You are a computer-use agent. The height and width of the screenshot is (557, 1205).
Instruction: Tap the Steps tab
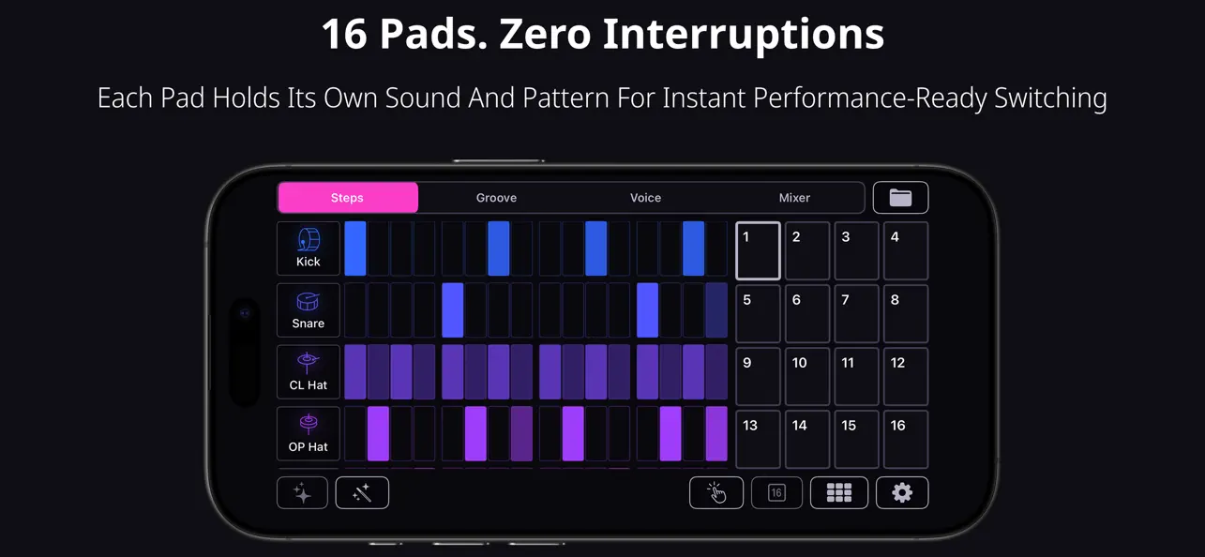coord(347,198)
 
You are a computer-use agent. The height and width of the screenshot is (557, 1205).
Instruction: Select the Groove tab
coord(496,198)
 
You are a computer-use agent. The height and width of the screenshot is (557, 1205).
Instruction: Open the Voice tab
coord(645,198)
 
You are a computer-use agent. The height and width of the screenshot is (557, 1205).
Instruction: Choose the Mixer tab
coord(794,198)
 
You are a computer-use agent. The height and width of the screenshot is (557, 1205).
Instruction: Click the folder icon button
coord(900,198)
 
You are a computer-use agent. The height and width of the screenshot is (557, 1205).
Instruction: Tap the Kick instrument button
coord(309,248)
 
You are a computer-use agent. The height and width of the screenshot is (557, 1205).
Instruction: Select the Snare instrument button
coord(309,310)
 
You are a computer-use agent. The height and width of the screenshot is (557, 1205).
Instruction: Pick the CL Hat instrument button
coord(309,372)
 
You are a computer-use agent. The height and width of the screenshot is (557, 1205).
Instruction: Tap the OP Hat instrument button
coord(309,434)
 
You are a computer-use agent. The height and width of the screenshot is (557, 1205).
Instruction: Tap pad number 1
coord(758,251)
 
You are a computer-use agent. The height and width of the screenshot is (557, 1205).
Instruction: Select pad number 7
coord(856,314)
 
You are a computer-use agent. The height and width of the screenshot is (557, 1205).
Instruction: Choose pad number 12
coord(906,376)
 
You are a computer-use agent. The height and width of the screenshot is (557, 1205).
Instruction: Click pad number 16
coord(906,439)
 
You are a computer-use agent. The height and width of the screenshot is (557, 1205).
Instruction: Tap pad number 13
coord(758,439)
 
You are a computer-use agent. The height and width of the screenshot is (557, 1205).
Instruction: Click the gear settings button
coord(902,493)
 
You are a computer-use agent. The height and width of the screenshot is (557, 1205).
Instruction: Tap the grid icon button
coord(839,493)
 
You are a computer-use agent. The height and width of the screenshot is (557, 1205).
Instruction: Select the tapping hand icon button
coord(716,493)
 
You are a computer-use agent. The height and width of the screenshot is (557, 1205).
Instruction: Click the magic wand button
coord(362,493)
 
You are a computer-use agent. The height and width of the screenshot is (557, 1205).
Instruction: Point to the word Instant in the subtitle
coord(715,98)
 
